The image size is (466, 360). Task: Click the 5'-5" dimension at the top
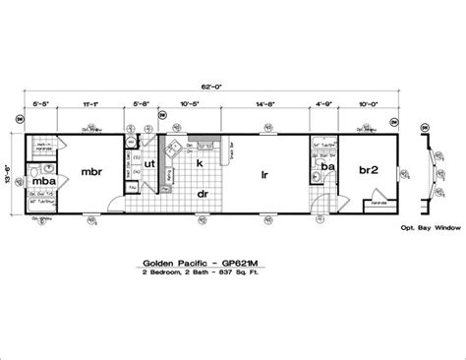tap(39, 102)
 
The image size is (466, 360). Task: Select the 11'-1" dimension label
tap(88, 102)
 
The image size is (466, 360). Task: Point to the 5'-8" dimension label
tap(142, 102)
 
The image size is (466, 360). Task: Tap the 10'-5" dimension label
tap(190, 102)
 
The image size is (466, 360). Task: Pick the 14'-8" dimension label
tap(266, 102)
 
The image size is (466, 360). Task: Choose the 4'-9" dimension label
tap(323, 102)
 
